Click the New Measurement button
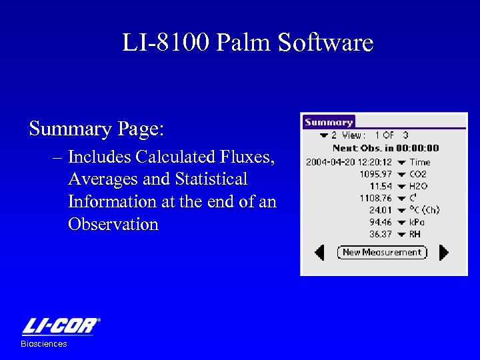point(382,252)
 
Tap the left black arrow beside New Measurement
point(320,252)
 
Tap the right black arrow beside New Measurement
point(444,252)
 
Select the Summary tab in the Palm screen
point(329,122)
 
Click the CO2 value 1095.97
point(375,174)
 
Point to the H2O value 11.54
point(381,186)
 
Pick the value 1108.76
point(375,198)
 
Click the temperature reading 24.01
point(381,210)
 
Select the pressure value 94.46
point(381,222)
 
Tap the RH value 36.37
point(381,234)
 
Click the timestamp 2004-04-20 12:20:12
point(349,162)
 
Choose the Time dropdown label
point(419,162)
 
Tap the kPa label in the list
point(417,222)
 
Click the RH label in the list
point(415,234)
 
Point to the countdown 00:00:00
point(418,149)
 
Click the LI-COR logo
point(61,327)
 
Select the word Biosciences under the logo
point(44,344)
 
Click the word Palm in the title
point(245,43)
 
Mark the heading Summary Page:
point(96,128)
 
